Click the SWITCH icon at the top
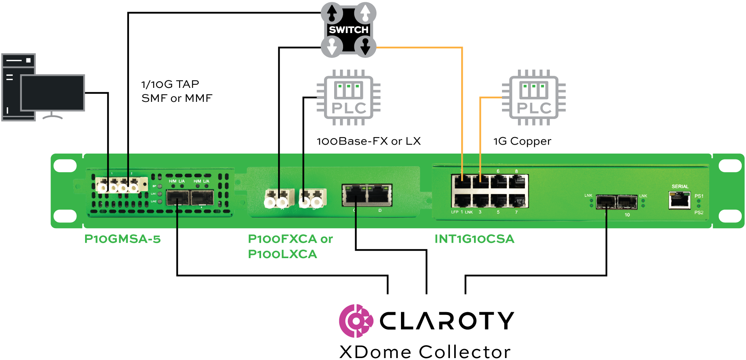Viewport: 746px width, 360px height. [349, 30]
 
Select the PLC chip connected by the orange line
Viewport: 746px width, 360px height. [534, 98]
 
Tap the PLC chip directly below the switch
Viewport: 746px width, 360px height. [349, 98]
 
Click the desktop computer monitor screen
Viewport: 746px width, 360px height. [52, 93]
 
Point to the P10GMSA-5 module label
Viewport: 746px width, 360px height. [122, 239]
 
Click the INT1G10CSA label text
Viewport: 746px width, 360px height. [474, 239]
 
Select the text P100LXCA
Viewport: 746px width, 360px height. [282, 254]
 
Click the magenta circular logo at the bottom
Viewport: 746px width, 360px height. [356, 321]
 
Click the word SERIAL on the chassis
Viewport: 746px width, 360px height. [680, 187]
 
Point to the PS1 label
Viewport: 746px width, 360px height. [699, 196]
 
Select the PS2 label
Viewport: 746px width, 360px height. [699, 213]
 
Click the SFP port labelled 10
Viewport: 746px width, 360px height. [627, 202]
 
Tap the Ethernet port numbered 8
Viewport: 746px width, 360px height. [517, 182]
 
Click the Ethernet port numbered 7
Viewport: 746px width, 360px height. [517, 201]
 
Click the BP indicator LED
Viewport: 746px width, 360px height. [160, 186]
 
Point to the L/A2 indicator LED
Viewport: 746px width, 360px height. [160, 201]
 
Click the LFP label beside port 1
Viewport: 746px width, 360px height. [455, 212]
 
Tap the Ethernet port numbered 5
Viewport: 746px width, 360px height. [498, 201]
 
